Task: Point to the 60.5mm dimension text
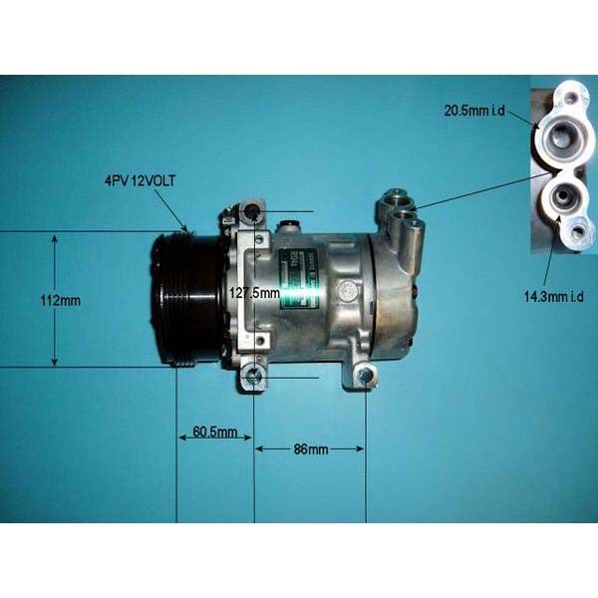[x=214, y=432]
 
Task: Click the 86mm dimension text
[x=309, y=449]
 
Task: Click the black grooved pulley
[x=185, y=299]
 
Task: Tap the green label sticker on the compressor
[x=296, y=279]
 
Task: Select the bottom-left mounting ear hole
[x=254, y=375]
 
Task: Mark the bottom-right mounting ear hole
[x=366, y=376]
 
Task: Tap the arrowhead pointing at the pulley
[x=184, y=228]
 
